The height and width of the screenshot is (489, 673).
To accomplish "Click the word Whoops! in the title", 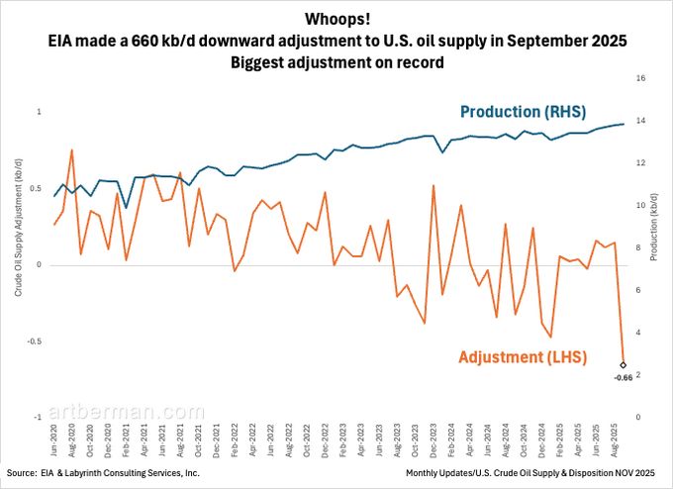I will click(336, 19).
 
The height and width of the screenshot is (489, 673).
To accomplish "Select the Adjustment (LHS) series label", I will click(523, 355).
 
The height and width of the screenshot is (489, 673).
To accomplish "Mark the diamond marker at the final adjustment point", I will click(624, 365).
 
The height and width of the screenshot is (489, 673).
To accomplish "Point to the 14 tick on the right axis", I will click(641, 121).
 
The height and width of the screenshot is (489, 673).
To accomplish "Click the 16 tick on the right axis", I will click(641, 78).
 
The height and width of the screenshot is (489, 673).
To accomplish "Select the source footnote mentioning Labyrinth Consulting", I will click(103, 474).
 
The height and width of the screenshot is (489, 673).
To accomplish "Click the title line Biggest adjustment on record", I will click(336, 61).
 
